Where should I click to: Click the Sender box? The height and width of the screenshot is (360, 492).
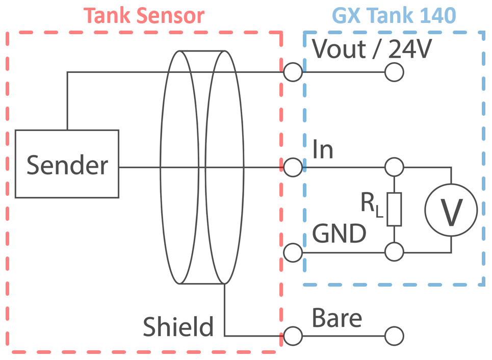click(67, 164)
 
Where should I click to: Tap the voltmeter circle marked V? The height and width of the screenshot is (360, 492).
click(451, 211)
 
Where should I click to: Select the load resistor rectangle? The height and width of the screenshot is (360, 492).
click(394, 209)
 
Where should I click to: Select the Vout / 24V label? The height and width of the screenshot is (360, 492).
click(372, 49)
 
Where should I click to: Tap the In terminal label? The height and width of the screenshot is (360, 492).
click(323, 150)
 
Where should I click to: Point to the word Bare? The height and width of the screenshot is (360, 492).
click(337, 318)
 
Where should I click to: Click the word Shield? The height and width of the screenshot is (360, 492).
click(178, 327)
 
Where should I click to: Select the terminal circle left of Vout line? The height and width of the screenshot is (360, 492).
click(293, 72)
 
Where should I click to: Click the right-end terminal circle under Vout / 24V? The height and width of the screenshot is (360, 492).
click(394, 72)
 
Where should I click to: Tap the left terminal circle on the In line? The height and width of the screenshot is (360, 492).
click(293, 167)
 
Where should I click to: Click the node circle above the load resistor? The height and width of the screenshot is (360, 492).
click(394, 167)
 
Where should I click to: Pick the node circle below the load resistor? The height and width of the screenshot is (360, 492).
click(394, 252)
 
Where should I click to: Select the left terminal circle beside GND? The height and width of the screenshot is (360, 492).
click(293, 252)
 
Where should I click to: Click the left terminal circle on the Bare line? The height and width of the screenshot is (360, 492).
click(293, 336)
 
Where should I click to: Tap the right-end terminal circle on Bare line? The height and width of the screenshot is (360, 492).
click(394, 336)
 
